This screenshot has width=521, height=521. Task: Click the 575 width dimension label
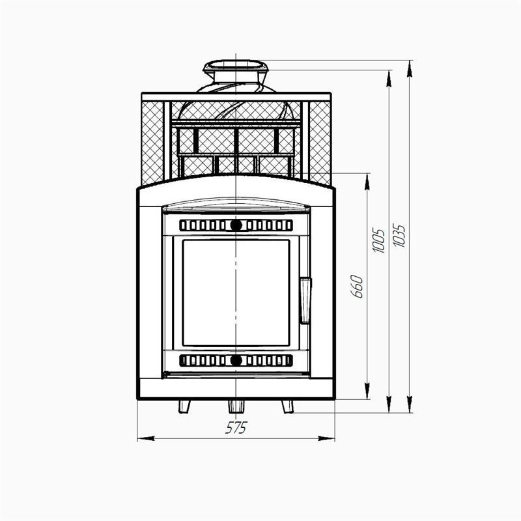(x=236, y=428)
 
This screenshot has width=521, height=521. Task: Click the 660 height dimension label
(x=357, y=287)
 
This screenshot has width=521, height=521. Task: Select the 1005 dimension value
(x=379, y=240)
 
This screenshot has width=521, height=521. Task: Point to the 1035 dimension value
(x=399, y=236)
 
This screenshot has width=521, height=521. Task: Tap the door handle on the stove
(x=305, y=301)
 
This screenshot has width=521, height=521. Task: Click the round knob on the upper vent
(x=236, y=225)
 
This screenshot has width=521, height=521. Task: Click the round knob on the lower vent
(x=236, y=361)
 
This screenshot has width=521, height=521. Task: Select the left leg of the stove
(x=184, y=406)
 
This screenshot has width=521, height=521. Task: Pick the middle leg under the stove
(x=236, y=406)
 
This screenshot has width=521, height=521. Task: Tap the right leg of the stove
(x=288, y=406)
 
